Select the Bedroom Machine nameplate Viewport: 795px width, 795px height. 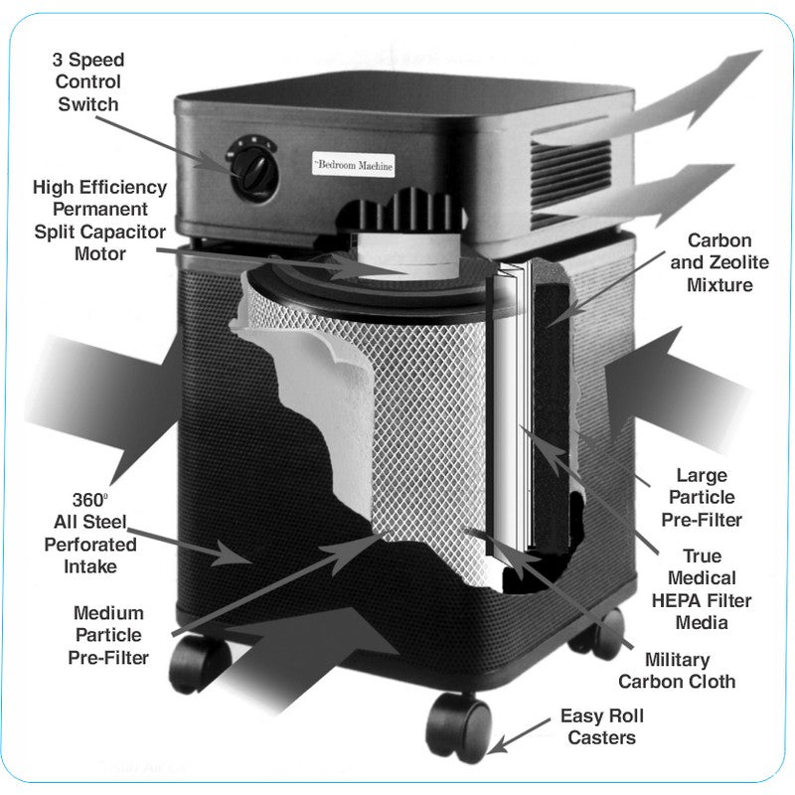click(x=354, y=166)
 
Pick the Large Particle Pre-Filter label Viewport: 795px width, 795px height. click(x=702, y=497)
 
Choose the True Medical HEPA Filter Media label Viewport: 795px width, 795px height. click(x=702, y=589)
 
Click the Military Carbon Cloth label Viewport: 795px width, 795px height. click(x=677, y=671)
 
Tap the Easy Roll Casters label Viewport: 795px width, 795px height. click(x=602, y=726)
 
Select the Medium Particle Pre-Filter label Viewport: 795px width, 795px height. click(x=108, y=635)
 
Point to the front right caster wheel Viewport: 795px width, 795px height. click(x=460, y=726)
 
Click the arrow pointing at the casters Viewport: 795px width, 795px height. click(x=517, y=738)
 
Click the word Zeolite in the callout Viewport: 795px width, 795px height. click(x=732, y=262)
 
